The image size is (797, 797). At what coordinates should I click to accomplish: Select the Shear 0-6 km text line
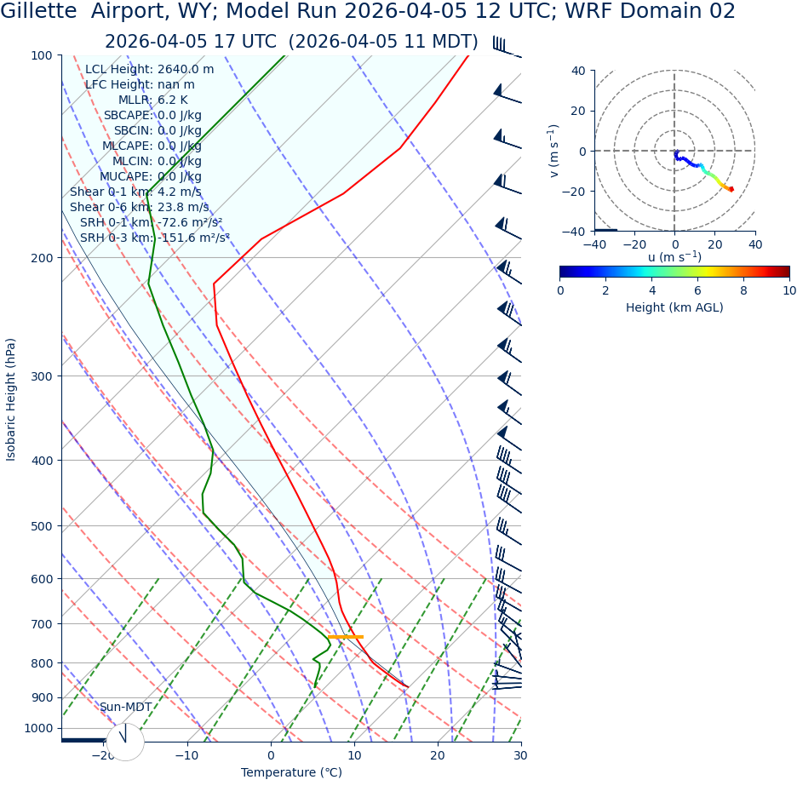pyautogui.click(x=139, y=207)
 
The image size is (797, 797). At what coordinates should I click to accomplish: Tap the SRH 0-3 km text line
pyautogui.click(x=155, y=238)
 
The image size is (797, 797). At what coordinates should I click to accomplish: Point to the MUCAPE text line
pyautogui.click(x=151, y=176)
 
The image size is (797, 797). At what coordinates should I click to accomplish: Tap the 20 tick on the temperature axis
pyautogui.click(x=437, y=755)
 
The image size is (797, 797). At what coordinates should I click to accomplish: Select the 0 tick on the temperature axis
pyautogui.click(x=271, y=755)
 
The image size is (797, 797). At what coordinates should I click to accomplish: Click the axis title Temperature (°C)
pyautogui.click(x=291, y=772)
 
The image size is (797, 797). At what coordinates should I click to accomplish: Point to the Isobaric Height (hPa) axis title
pyautogui.click(x=11, y=399)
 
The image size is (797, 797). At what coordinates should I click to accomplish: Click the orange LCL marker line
pyautogui.click(x=345, y=637)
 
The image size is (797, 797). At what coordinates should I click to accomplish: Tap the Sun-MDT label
pyautogui.click(x=125, y=708)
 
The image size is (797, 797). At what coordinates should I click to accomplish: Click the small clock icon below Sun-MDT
pyautogui.click(x=125, y=742)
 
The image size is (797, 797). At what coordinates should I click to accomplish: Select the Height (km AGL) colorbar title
pyautogui.click(x=674, y=307)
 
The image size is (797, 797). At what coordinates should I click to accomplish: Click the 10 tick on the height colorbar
pyautogui.click(x=789, y=290)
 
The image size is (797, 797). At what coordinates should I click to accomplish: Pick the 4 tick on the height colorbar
pyautogui.click(x=652, y=290)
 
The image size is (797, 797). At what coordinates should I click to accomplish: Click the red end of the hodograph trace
pyautogui.click(x=731, y=189)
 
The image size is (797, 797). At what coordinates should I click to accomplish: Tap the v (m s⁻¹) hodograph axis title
pyautogui.click(x=554, y=151)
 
